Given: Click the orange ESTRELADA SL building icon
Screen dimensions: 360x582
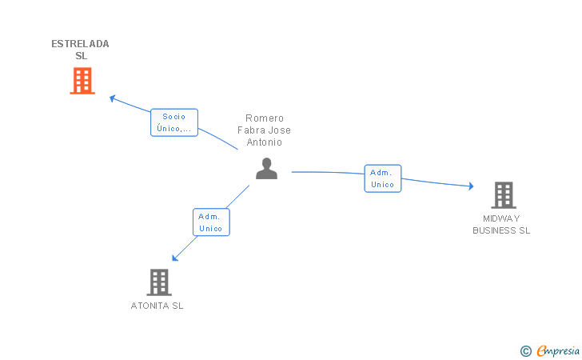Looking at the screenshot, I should (x=82, y=81).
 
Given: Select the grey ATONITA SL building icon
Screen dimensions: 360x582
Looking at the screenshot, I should (x=159, y=282).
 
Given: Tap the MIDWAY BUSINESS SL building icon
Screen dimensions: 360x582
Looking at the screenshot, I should (x=503, y=194).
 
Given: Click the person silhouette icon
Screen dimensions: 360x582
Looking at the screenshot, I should (x=266, y=168).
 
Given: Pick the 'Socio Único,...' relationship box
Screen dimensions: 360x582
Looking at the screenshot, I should (x=174, y=122).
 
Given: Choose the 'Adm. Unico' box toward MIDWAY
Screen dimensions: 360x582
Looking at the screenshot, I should (x=383, y=178).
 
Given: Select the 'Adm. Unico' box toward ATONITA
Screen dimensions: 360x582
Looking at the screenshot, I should (x=211, y=222).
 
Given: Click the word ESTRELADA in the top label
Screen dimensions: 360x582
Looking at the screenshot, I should (x=80, y=44).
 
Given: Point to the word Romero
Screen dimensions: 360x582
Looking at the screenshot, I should (x=265, y=118).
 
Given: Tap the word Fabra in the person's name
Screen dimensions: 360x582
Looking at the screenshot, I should (x=253, y=130).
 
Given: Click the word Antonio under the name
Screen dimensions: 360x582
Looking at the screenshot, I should (x=265, y=142).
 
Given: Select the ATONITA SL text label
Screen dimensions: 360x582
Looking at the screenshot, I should (x=157, y=306).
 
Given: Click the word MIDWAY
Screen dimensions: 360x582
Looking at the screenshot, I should (x=501, y=218).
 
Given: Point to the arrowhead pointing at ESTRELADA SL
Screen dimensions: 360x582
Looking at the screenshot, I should (x=112, y=98).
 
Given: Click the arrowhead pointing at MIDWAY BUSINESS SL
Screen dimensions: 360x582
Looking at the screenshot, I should (x=472, y=186).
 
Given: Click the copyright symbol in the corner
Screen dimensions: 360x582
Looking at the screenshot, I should (x=525, y=350).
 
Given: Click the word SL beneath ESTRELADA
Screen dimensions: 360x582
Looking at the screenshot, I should (x=81, y=56).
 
